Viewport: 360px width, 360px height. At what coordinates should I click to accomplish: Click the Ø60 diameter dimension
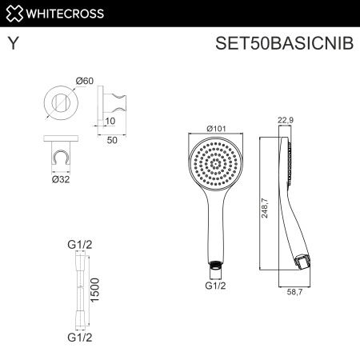coord(86,81)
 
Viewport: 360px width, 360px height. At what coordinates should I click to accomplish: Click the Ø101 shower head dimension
coord(214,128)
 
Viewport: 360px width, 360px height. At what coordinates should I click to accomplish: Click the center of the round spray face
coord(214,163)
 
